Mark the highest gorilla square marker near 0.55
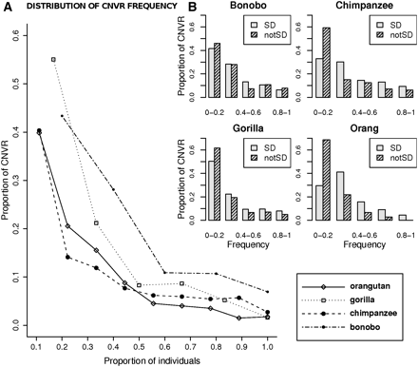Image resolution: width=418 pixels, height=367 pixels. (x=53, y=59)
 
